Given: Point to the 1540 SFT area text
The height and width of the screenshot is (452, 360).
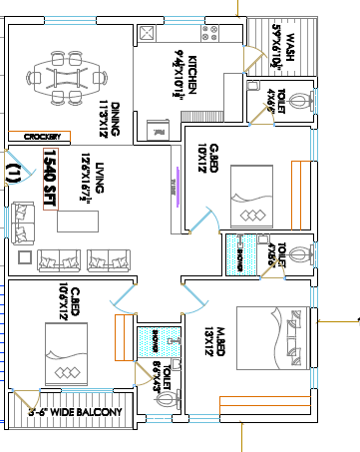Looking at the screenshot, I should [48, 178].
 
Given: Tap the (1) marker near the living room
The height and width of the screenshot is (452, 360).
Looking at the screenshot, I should [13, 173].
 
